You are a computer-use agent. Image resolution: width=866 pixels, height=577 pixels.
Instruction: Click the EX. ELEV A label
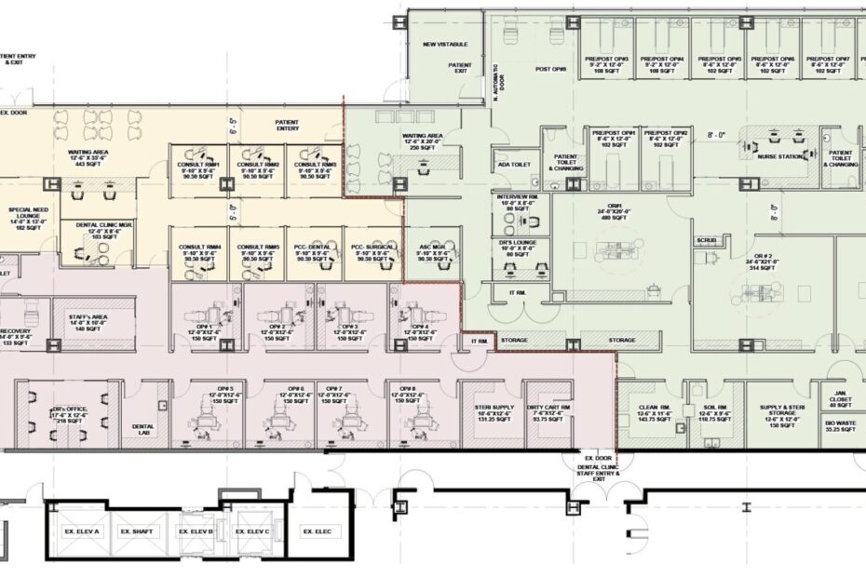point(81,531)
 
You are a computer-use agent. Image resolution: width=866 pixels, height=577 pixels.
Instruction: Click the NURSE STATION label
point(779,157)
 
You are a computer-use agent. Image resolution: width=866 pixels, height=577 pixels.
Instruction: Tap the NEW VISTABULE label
point(445,45)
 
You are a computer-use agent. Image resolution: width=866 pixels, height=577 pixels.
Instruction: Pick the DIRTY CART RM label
point(548,409)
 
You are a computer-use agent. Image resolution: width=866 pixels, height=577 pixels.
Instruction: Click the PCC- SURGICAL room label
point(372,249)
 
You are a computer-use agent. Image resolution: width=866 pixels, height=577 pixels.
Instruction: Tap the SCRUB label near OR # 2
point(707,240)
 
